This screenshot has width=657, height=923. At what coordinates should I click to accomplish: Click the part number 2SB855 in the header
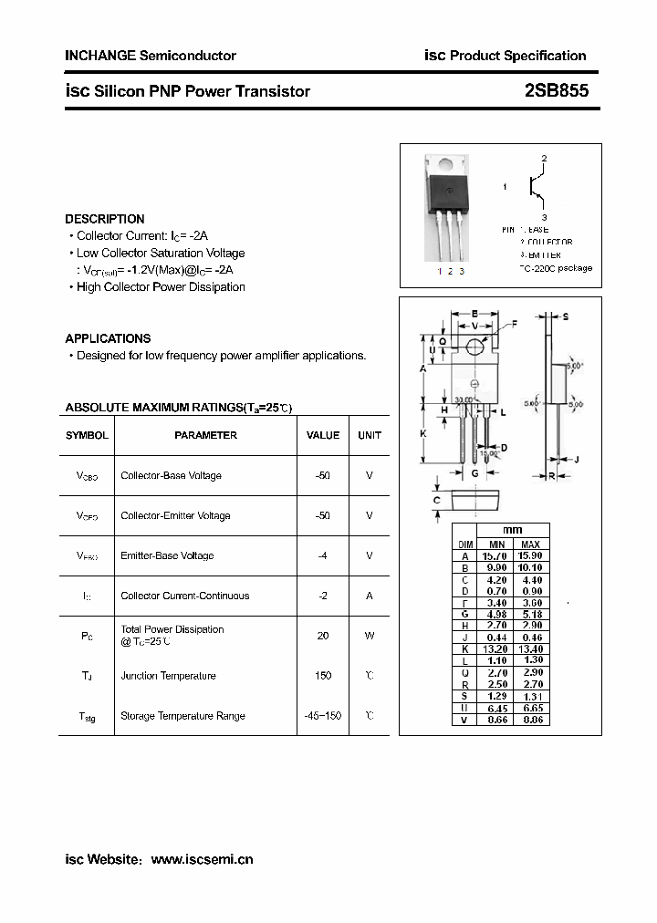557,90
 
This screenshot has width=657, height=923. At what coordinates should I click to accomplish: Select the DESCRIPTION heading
105,219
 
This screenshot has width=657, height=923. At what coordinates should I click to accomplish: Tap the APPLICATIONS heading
108,338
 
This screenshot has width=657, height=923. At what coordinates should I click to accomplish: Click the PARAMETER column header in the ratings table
205,436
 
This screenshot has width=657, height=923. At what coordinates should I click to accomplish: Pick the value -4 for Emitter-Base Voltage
322,555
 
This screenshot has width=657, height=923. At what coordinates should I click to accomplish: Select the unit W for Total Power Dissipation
370,636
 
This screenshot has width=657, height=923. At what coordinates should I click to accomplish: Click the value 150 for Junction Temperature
322,676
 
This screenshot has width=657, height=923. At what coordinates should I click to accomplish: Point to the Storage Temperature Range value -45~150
322,716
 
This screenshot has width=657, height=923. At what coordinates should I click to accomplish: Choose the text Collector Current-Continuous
184,596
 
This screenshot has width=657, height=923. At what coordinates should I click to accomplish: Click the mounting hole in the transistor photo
447,165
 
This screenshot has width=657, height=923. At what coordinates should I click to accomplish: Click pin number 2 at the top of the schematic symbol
544,159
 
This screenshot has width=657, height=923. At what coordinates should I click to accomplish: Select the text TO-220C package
556,268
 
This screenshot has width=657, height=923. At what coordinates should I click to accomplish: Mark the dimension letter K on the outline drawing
423,433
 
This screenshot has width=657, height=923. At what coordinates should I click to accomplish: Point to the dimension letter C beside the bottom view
437,500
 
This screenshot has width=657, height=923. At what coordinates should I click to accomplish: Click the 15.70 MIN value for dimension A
497,555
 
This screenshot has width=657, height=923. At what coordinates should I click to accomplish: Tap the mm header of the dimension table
513,531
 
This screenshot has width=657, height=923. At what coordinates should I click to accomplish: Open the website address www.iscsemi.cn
201,859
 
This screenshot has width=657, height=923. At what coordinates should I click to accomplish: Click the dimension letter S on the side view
566,316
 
